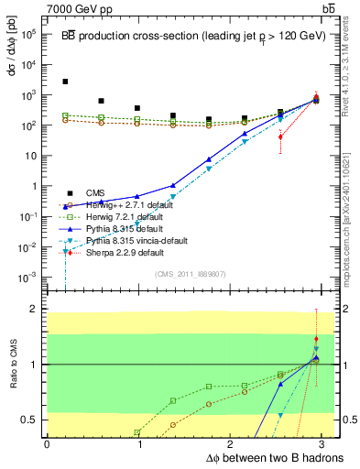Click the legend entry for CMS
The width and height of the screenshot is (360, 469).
point(95,192)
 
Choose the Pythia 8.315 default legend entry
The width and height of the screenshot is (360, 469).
point(119,228)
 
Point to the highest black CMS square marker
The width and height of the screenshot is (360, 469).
point(65,82)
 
